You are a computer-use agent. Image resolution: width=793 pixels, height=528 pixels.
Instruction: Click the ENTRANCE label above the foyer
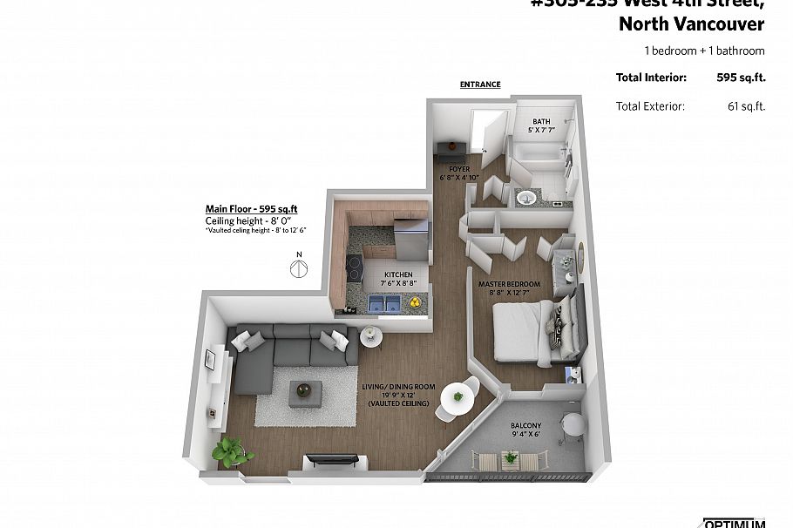[x=480, y=85]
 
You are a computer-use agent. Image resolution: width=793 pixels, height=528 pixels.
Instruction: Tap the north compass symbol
[x=298, y=267]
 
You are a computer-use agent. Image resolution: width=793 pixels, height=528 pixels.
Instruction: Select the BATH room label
[x=541, y=122]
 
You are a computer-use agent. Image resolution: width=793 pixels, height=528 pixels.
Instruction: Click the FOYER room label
[x=459, y=168]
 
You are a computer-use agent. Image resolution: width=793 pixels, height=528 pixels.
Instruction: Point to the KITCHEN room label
[x=398, y=274]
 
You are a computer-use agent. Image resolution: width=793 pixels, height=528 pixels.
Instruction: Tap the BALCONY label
[x=525, y=425]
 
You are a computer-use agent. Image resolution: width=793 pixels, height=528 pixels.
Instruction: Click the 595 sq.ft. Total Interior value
[x=741, y=78]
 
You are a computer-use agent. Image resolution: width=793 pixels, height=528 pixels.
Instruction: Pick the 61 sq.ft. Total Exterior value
[x=746, y=106]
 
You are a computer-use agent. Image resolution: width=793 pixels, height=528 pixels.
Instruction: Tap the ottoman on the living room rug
[x=306, y=392]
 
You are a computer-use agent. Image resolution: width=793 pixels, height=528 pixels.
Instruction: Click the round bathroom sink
[x=526, y=199]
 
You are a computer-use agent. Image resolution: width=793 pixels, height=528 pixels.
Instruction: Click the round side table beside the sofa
[x=369, y=336]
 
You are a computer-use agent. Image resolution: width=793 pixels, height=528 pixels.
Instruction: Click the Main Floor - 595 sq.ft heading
[x=251, y=208]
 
